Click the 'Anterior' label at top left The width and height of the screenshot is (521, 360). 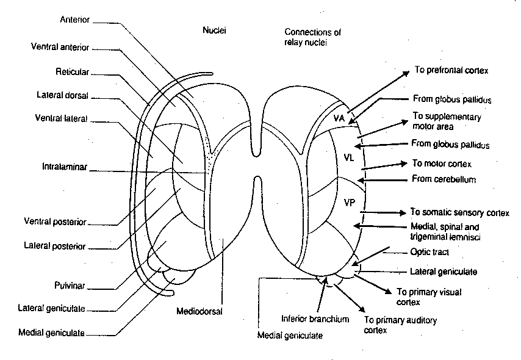pos(74,20)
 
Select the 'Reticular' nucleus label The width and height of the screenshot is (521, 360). pos(73,72)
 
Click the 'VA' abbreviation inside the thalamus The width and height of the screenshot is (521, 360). pos(340,118)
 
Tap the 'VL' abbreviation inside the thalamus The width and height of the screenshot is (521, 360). pos(348,157)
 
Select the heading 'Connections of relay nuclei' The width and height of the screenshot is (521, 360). pos(312,37)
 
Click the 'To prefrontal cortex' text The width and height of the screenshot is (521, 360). pos(451,70)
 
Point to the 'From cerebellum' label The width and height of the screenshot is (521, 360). pos(444,179)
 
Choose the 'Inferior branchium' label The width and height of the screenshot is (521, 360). pos(315,319)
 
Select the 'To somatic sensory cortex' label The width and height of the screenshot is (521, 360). pos(459,213)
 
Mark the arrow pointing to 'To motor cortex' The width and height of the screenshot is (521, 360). pos(384,165)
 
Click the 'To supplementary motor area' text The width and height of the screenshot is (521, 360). pos(447,121)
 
